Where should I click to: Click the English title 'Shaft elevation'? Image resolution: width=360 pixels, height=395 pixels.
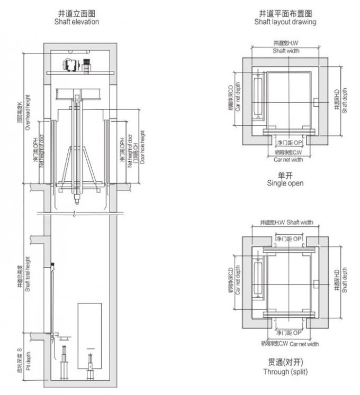point(77,22)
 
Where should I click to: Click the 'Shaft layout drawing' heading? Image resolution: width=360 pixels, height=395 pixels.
point(285,22)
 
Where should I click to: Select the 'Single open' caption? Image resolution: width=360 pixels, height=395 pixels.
point(285,183)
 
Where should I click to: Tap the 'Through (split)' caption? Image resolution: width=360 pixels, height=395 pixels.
point(285,372)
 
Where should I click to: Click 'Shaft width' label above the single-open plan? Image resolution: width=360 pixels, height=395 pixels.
point(286,51)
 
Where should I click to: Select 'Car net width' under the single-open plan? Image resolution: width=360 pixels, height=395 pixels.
point(288,159)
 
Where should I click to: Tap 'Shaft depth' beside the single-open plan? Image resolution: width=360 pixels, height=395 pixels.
point(344,101)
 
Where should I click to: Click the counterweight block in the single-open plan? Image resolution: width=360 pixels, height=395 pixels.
point(258,96)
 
